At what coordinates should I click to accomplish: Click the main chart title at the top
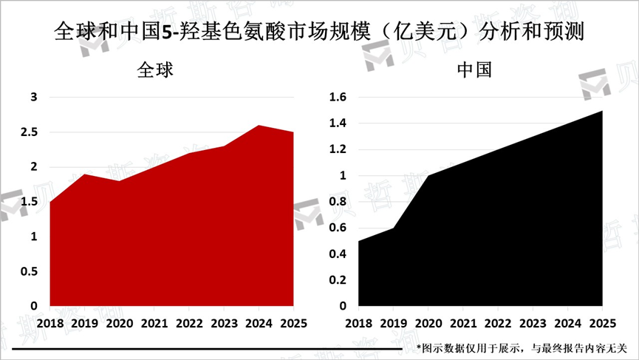coord(319,32)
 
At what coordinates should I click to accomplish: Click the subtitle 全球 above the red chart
coord(156,71)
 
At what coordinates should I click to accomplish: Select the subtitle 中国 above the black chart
coord(475,71)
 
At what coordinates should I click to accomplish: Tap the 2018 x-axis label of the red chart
coord(49,324)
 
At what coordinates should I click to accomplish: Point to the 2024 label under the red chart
coord(259,324)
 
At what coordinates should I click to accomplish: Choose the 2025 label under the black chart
coord(601,324)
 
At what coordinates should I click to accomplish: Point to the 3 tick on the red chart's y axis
coord(33,98)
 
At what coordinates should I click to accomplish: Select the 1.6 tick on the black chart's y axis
coord(337,98)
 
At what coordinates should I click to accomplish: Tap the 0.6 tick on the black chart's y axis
coord(337,228)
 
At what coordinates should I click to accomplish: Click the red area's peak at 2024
coord(259,126)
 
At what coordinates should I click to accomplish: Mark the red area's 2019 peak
coord(84,174)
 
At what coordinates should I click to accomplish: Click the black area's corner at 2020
coord(428,175)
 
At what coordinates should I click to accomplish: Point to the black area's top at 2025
coord(602,111)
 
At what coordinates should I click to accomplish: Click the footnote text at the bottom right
coord(521,347)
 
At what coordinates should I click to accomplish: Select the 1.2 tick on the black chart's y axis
coord(337,150)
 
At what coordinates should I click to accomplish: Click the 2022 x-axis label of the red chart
coord(189,324)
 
